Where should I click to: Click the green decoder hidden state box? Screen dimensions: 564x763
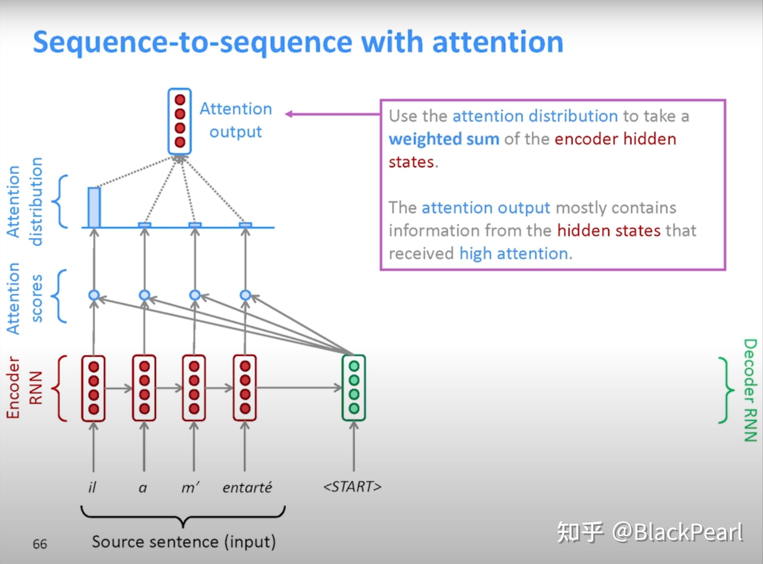[x=354, y=387]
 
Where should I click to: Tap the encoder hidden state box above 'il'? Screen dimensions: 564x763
[x=93, y=388]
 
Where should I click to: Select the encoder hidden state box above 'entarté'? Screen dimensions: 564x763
[x=245, y=387]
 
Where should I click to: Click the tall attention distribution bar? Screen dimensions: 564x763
[x=94, y=207]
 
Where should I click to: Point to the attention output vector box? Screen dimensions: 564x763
[x=179, y=121]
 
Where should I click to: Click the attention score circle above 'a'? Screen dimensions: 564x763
[x=144, y=295]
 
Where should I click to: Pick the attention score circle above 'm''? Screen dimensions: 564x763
[x=195, y=295]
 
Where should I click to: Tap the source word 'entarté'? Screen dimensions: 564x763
[x=247, y=487]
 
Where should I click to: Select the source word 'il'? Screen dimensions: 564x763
[x=92, y=487]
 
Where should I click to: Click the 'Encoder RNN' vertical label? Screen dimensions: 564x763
[x=24, y=388]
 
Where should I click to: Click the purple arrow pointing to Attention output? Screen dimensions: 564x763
[x=332, y=114]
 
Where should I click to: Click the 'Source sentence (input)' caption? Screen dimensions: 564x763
[x=184, y=542]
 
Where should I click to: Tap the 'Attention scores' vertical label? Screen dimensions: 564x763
[x=24, y=299]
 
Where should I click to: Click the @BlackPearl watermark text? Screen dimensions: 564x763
[x=677, y=532]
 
